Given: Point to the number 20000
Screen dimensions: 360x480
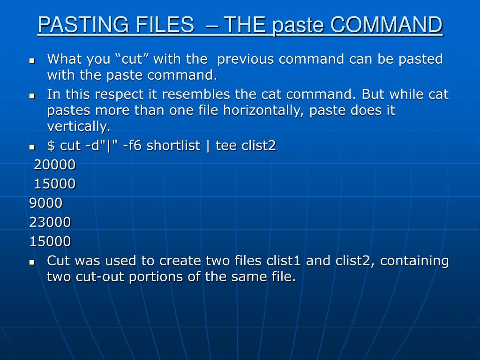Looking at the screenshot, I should tap(54, 165).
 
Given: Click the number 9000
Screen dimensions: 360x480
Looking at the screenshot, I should tap(45, 203).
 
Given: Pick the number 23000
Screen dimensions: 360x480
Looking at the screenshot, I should tap(50, 222).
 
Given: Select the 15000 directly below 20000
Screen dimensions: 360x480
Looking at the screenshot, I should tap(54, 184).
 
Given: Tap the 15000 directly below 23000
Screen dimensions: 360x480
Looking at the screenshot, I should tap(50, 241).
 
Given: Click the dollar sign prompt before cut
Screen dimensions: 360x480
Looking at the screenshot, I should tap(51, 146).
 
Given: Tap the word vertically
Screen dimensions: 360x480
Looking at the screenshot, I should tap(78, 127).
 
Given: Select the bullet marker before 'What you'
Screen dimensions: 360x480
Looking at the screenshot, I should tap(32, 60).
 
